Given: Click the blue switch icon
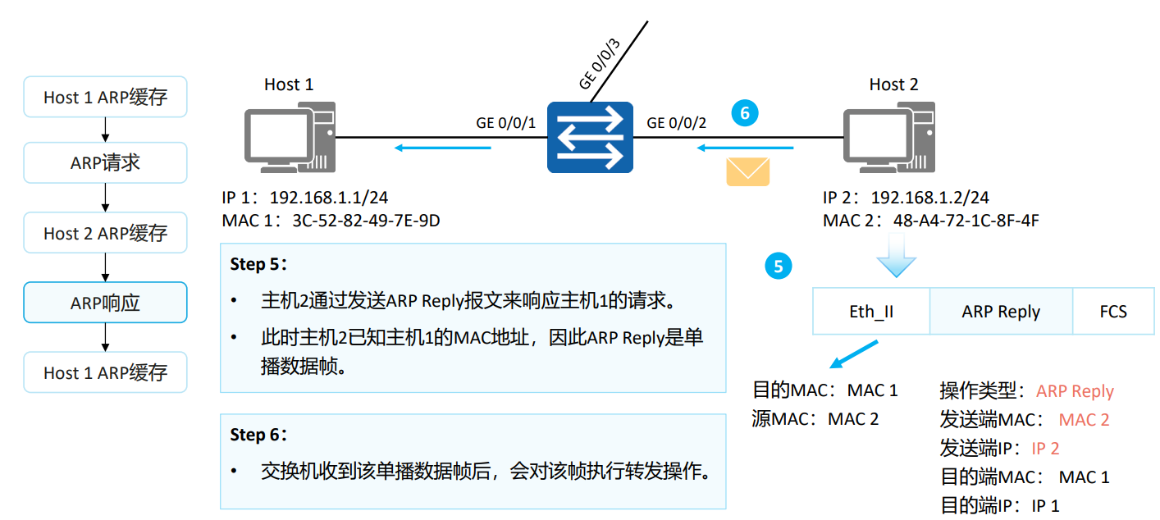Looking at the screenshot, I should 590,137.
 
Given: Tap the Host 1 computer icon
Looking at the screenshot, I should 290,137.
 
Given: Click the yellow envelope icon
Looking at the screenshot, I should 747,171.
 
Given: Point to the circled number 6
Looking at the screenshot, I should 745,113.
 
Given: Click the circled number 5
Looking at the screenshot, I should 779,266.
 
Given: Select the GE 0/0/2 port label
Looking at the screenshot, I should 676,123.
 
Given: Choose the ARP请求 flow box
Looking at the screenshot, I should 106,162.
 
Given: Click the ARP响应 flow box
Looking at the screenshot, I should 106,303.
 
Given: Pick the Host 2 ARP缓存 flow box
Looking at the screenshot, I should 106,233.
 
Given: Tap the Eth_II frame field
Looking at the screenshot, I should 870,312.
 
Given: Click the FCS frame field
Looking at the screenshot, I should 1113,312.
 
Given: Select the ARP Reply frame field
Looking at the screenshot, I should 1001,312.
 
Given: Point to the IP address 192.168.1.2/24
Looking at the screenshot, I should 929,198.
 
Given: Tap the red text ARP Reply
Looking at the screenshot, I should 1075,391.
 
